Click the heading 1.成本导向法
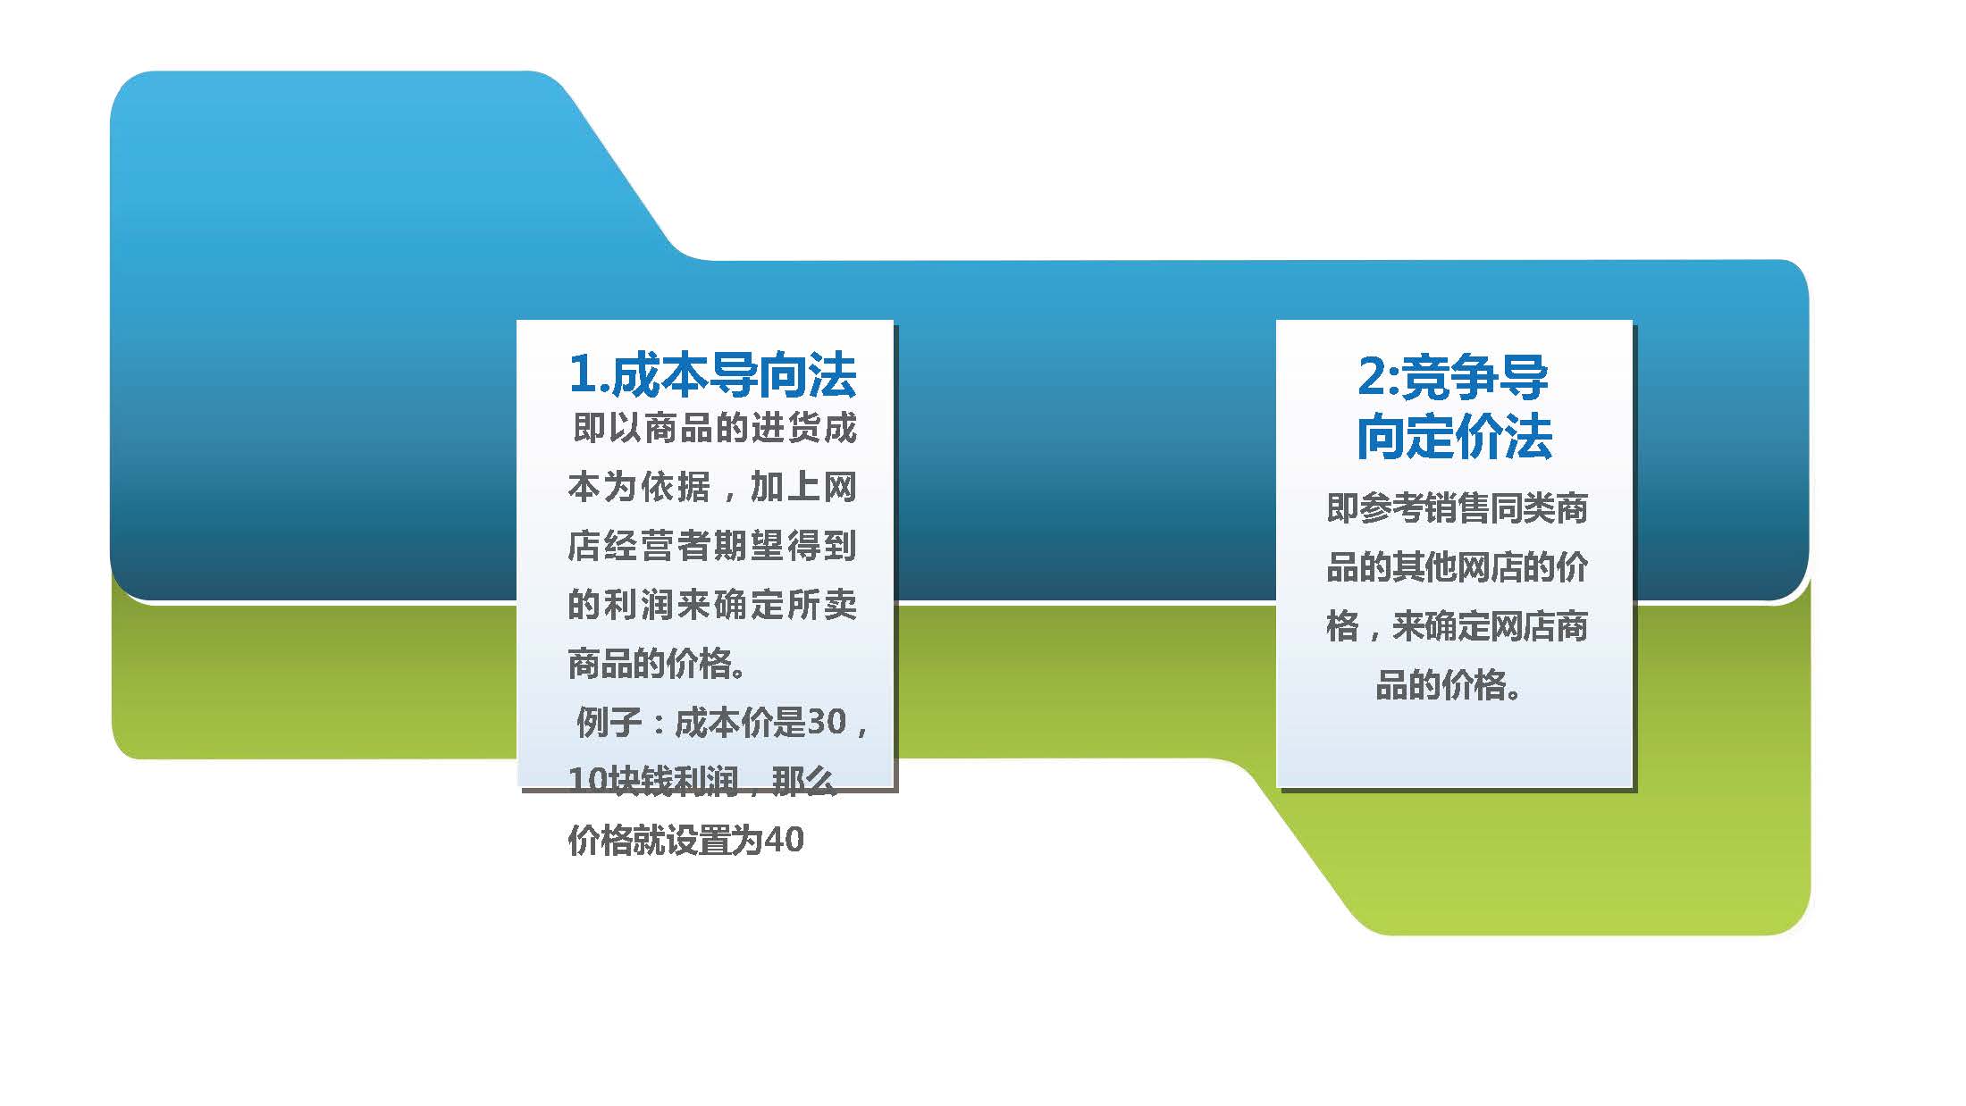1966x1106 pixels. coord(712,374)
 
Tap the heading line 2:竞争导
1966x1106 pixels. coord(1453,376)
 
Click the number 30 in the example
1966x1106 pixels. coord(827,722)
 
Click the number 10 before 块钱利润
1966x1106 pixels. coord(587,781)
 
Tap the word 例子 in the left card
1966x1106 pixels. coord(609,722)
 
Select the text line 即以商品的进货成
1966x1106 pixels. coord(714,428)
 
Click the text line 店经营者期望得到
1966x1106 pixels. coord(712,546)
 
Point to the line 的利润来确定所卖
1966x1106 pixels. coord(712,605)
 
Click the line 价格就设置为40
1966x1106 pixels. coord(686,840)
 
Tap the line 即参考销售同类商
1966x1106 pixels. coord(1458,508)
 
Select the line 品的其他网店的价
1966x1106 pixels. coord(1458,567)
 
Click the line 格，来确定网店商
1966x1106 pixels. coord(1458,626)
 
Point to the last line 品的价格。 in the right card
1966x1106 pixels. coord(1448,685)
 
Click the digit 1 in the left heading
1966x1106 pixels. coord(583,374)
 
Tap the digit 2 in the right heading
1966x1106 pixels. coord(1371,376)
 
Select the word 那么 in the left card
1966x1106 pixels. coord(803,781)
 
